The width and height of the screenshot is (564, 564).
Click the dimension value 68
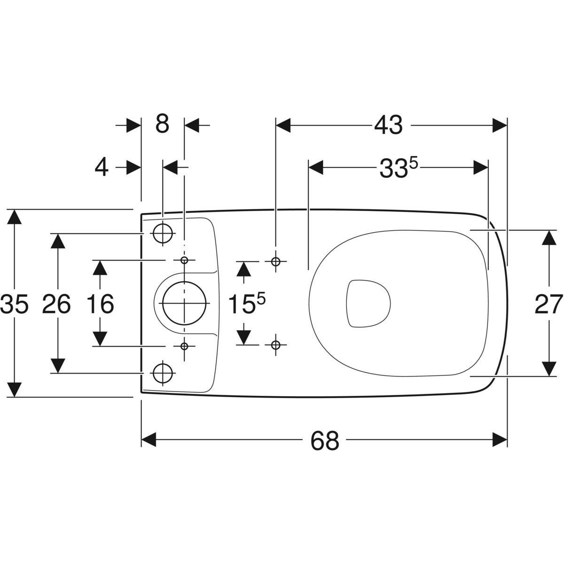pos(325,440)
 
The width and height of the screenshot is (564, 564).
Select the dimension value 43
pos(388,125)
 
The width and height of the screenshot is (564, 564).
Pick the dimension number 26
pos(56,304)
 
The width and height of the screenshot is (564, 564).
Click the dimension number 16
pos(100,304)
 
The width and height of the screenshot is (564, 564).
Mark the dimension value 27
pos(549,304)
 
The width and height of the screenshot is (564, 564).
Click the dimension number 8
pos(162,125)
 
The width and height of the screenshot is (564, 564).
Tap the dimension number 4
pos(102,168)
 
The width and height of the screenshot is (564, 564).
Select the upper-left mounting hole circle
pos(163,233)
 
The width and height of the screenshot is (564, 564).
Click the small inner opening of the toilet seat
pos(368,303)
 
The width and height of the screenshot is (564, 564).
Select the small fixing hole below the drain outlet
pos(184,346)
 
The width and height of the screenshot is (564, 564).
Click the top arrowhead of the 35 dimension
pos(16,217)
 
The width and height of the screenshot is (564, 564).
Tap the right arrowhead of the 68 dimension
pos(500,440)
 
